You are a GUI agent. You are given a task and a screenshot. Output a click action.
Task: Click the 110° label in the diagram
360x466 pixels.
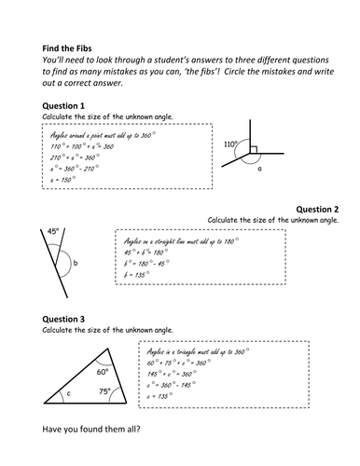coord(231,144)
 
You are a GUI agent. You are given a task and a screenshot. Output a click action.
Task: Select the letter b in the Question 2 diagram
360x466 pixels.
coord(75,264)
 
